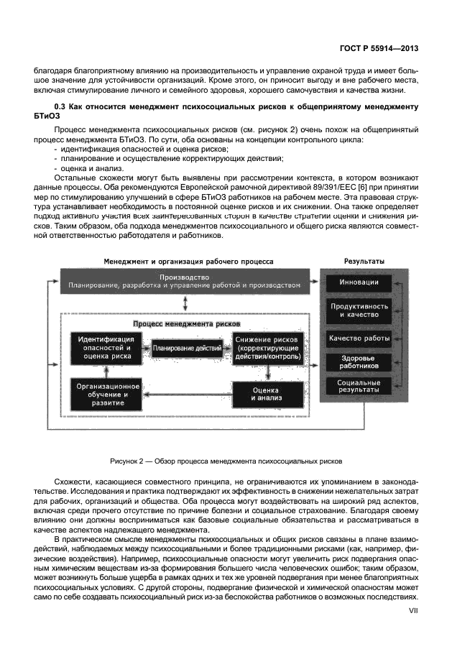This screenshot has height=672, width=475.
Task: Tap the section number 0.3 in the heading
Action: point(61,106)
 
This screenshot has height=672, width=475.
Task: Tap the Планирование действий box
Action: point(186,349)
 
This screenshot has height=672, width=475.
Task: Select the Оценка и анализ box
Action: point(267,394)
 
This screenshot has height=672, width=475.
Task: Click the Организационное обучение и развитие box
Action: point(104,394)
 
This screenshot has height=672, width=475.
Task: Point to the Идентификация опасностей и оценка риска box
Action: point(104,348)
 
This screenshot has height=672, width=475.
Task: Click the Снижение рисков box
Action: point(267,348)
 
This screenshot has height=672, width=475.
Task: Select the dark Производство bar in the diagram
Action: point(185,281)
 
